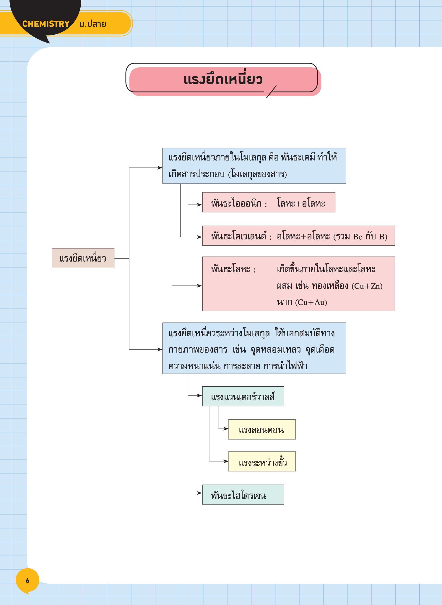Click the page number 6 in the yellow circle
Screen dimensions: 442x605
tap(27, 580)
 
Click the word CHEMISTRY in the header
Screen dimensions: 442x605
tap(46, 24)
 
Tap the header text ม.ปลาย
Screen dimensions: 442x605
tap(93, 24)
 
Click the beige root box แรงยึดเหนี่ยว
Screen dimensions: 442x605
tap(83, 258)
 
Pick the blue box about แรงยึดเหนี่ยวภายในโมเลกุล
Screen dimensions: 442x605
tap(254, 166)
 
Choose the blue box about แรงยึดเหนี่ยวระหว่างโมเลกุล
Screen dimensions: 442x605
tap(254, 348)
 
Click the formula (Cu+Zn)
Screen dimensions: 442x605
tap(367, 286)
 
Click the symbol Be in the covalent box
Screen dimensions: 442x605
tap(357, 237)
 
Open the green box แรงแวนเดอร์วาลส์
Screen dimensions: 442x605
tap(243, 396)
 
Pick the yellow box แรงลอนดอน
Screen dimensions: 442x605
tap(262, 429)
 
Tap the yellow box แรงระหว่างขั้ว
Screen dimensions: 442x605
tap(262, 461)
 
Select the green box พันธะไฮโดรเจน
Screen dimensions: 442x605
tap(243, 494)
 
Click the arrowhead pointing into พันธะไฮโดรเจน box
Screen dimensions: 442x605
tap(200, 493)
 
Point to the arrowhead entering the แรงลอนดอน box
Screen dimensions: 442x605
tap(226, 429)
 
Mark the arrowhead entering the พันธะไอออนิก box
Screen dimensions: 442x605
tap(200, 205)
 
